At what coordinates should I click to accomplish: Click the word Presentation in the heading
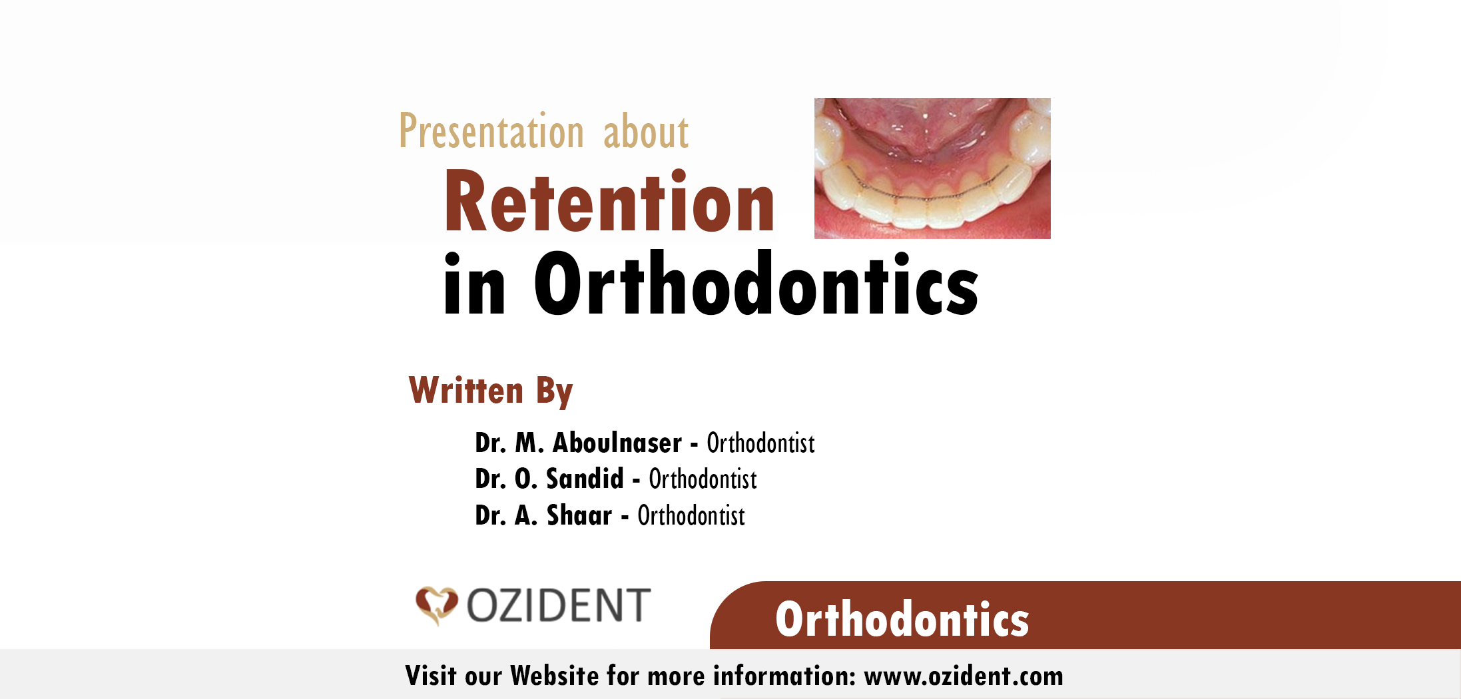point(491,131)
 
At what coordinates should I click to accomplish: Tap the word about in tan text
point(646,131)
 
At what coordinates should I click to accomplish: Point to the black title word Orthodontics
point(756,283)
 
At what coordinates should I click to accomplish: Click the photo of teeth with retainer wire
point(932,168)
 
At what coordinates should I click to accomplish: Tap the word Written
point(466,390)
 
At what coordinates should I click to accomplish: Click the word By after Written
point(555,391)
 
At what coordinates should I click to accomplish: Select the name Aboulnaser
point(617,443)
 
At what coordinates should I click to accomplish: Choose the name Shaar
point(579,515)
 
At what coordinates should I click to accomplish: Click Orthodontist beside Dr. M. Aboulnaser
point(760,443)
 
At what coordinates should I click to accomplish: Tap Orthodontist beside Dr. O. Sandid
point(703,479)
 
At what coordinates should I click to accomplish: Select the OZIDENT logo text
point(558,605)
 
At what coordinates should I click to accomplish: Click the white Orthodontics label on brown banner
point(902,619)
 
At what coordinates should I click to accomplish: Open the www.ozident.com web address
point(964,676)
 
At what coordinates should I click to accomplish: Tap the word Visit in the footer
point(431,676)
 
